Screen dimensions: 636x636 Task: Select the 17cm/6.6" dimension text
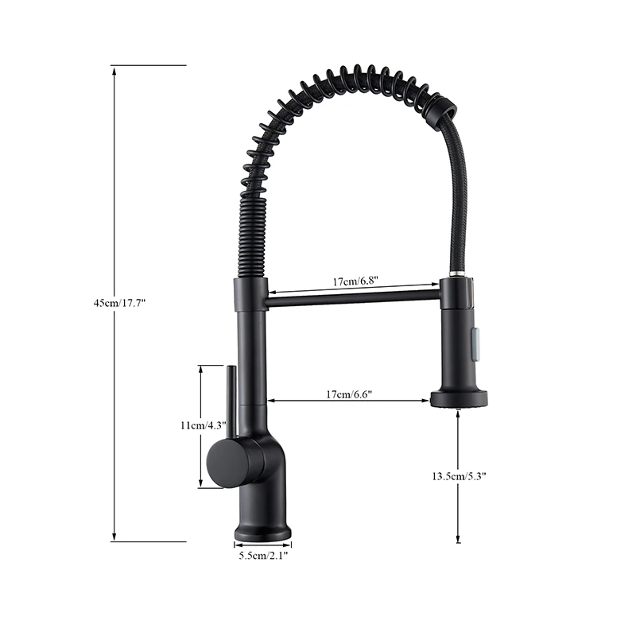[x=349, y=394]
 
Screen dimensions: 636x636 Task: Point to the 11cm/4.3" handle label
[x=204, y=425]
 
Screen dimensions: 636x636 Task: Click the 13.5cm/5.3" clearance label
[x=459, y=476]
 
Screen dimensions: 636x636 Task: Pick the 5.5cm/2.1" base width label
[x=263, y=556]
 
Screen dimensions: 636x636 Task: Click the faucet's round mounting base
[x=262, y=530]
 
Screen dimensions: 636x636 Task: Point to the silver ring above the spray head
[x=456, y=275]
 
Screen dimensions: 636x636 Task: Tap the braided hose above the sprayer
[x=456, y=199]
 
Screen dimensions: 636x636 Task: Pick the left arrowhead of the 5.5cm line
[x=237, y=545]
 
